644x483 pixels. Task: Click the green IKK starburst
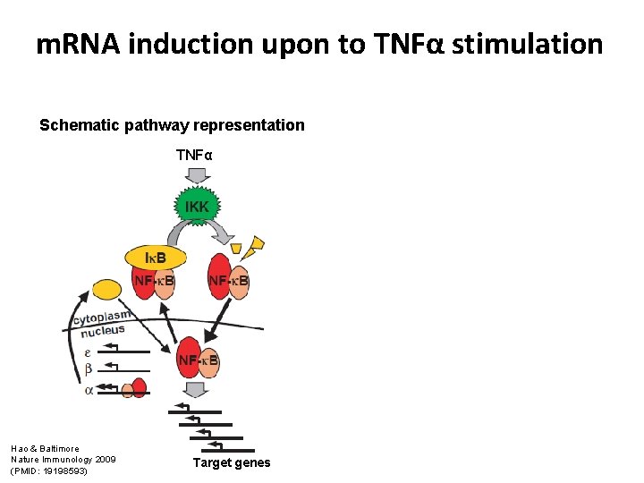point(197,207)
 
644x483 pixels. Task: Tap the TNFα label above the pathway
point(195,156)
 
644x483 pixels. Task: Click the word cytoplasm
point(102,317)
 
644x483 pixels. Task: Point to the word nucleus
point(103,332)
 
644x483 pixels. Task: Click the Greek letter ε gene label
point(88,352)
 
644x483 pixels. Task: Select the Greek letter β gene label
point(88,369)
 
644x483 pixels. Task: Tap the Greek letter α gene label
point(88,389)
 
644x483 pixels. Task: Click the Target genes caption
point(232,462)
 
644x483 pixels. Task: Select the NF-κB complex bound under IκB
point(154,281)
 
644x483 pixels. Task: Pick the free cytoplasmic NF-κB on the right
point(228,281)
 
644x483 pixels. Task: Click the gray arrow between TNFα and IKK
point(196,174)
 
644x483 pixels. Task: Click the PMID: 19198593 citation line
point(49,470)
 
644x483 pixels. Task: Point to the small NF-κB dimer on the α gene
point(134,389)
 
